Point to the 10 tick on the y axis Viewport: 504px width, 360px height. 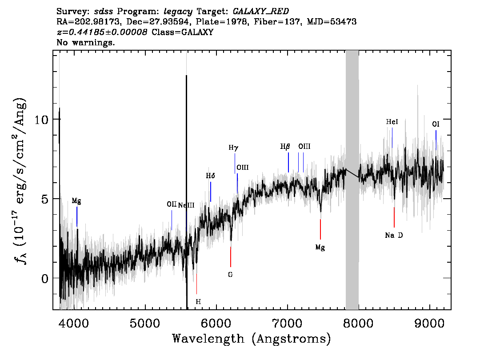[x=41, y=120]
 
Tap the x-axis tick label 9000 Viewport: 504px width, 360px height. [x=429, y=324]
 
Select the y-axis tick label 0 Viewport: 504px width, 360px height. [x=45, y=278]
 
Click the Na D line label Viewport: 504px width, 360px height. [x=394, y=235]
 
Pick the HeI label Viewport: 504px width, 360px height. [x=392, y=122]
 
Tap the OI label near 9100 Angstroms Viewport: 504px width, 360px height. [x=436, y=124]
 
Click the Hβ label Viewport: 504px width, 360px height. [x=285, y=147]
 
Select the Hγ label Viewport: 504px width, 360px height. [x=233, y=148]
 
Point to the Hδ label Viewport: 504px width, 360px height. [x=210, y=176]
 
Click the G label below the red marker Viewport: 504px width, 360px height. [x=230, y=275]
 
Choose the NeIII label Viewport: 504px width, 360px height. [x=186, y=205]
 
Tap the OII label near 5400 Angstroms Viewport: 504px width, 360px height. [x=172, y=204]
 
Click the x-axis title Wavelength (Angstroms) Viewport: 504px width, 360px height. [x=252, y=339]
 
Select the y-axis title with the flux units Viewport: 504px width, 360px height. [x=20, y=180]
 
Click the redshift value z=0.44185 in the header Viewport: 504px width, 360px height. [x=102, y=32]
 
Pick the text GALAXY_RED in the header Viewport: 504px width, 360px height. [x=261, y=11]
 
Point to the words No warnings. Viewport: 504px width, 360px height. [x=85, y=42]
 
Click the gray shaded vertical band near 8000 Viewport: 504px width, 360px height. [x=352, y=180]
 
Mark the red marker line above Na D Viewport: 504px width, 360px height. [x=394, y=217]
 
